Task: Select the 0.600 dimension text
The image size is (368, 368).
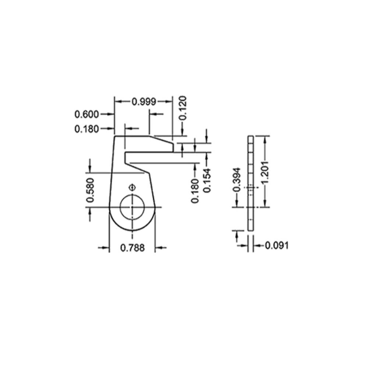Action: coord(87,114)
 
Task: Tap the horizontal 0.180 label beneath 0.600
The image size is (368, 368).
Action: coord(87,129)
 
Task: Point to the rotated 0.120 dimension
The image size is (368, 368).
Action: coord(183,108)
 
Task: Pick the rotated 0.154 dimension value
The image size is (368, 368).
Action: coord(207,180)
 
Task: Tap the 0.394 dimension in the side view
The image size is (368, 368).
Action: coord(237,179)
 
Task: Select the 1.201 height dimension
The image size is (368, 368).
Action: coord(266,171)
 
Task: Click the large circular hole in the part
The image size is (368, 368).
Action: coord(132,207)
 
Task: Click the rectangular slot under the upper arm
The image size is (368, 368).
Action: coord(147,157)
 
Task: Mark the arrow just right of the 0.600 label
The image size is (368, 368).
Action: coord(107,114)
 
